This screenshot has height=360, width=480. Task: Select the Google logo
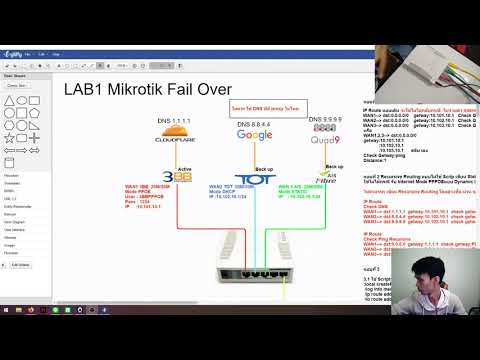[254, 135]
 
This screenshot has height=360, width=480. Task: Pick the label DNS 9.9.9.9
[324, 120]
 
